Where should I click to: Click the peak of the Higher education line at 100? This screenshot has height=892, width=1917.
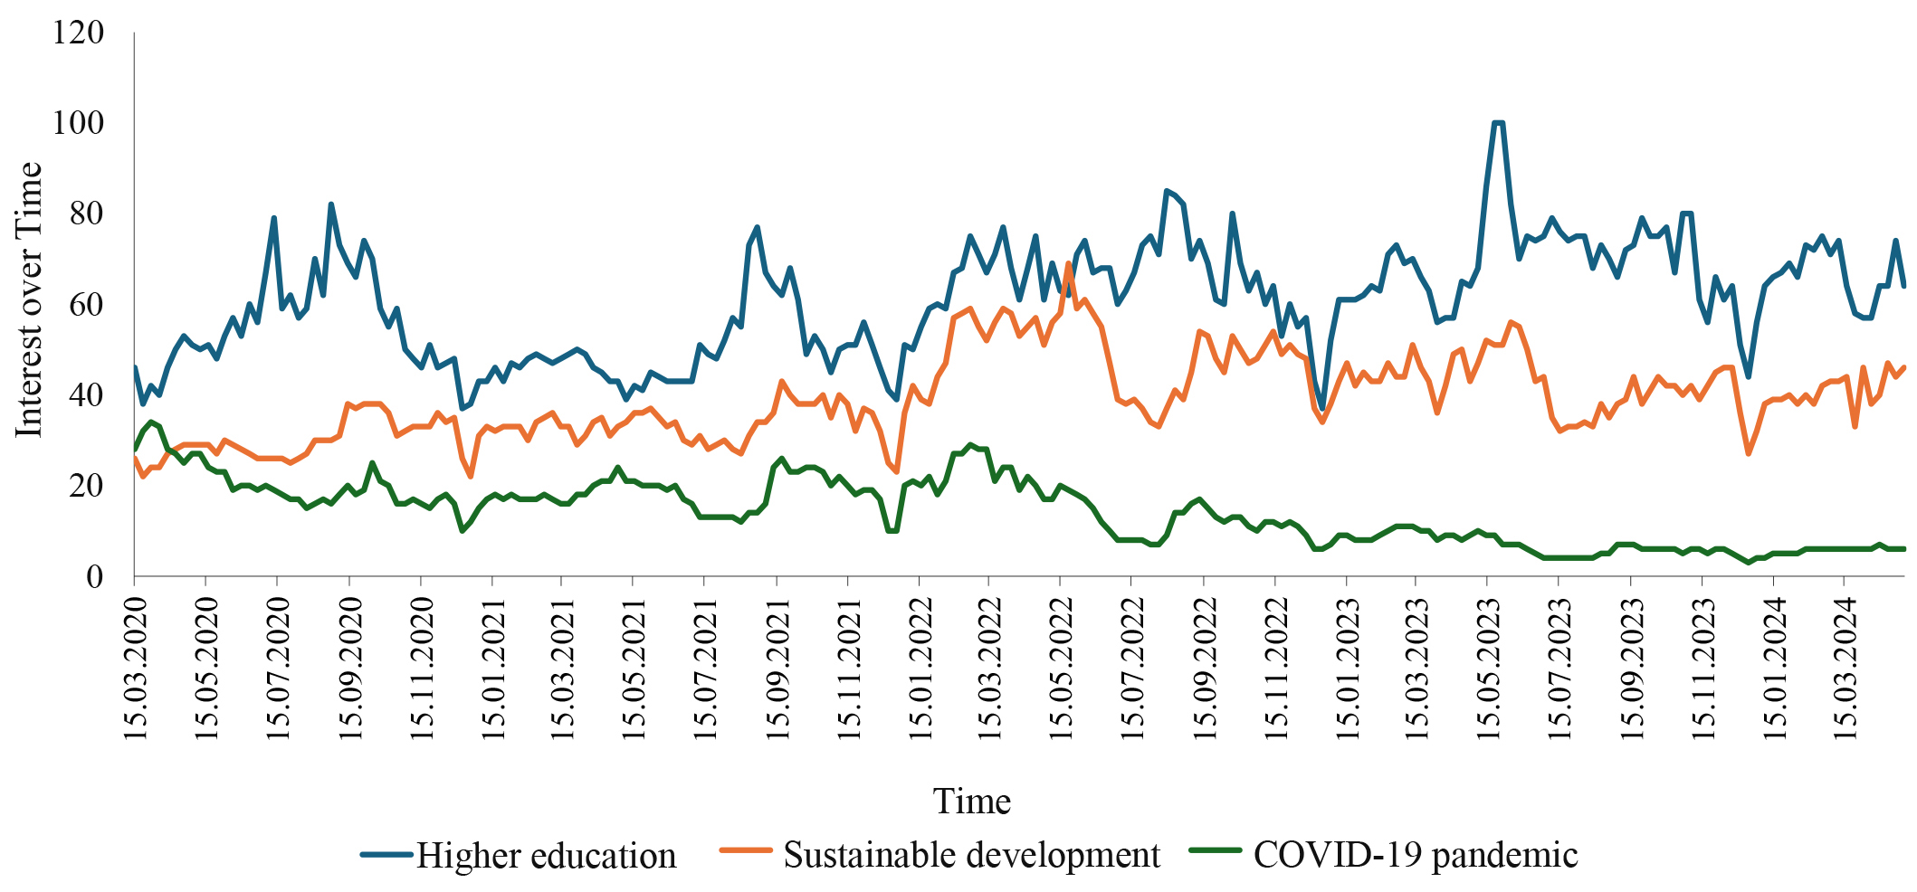[1498, 123]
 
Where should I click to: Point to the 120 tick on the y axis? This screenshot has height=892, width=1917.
[79, 33]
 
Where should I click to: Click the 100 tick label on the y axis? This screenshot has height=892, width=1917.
[79, 123]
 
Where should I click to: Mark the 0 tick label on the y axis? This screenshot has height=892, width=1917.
[94, 576]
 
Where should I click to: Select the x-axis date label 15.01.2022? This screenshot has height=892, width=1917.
[920, 663]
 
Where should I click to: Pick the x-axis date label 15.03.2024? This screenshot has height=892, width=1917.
[1845, 663]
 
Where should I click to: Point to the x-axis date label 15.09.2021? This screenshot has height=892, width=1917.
[777, 663]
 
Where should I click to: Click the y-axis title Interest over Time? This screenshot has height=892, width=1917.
[29, 300]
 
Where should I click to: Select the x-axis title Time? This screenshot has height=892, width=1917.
[971, 802]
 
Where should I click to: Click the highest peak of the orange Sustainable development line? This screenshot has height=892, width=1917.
[1068, 263]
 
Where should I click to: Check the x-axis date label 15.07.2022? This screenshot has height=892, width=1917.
[1132, 663]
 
